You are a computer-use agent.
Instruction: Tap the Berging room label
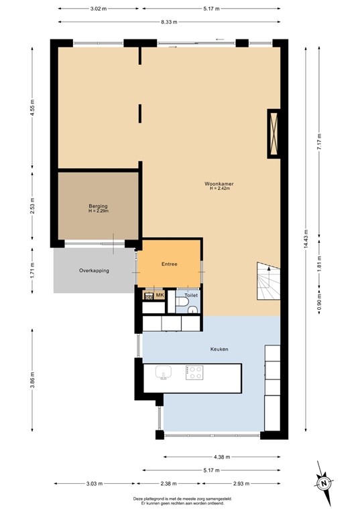pyautogui.click(x=99, y=206)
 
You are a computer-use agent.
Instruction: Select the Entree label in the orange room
pyautogui.click(x=169, y=264)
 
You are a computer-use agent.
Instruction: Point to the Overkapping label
pyautogui.click(x=94, y=270)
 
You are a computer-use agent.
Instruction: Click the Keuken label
pyautogui.click(x=219, y=349)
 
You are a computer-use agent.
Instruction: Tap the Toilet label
pyautogui.click(x=191, y=294)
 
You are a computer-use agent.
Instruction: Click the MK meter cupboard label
pyautogui.click(x=160, y=295)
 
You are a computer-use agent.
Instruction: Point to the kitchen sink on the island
pyautogui.click(x=164, y=372)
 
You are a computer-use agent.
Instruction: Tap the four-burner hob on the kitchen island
pyautogui.click(x=195, y=372)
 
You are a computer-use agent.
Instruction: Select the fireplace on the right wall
pyautogui.click(x=274, y=133)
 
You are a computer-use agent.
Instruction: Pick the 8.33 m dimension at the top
pyautogui.click(x=169, y=22)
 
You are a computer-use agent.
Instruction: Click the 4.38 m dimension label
pyautogui.click(x=219, y=457)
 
